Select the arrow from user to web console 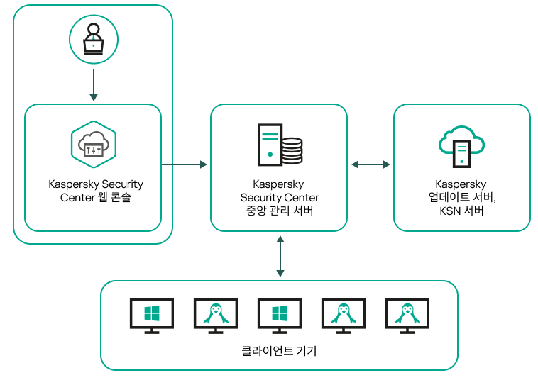[x=93, y=84]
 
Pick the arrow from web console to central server [x=185, y=164]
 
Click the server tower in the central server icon [x=270, y=143]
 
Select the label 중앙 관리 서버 [x=280, y=211]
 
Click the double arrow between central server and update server [x=370, y=164]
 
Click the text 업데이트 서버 [x=461, y=197]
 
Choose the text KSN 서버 [x=461, y=211]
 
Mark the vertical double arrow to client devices [x=280, y=256]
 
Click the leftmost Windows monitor [x=152, y=315]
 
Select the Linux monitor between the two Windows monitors [x=216, y=315]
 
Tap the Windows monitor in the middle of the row [x=280, y=315]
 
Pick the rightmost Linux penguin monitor [x=407, y=315]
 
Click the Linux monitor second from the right [x=344, y=315]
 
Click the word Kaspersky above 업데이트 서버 [x=461, y=184]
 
